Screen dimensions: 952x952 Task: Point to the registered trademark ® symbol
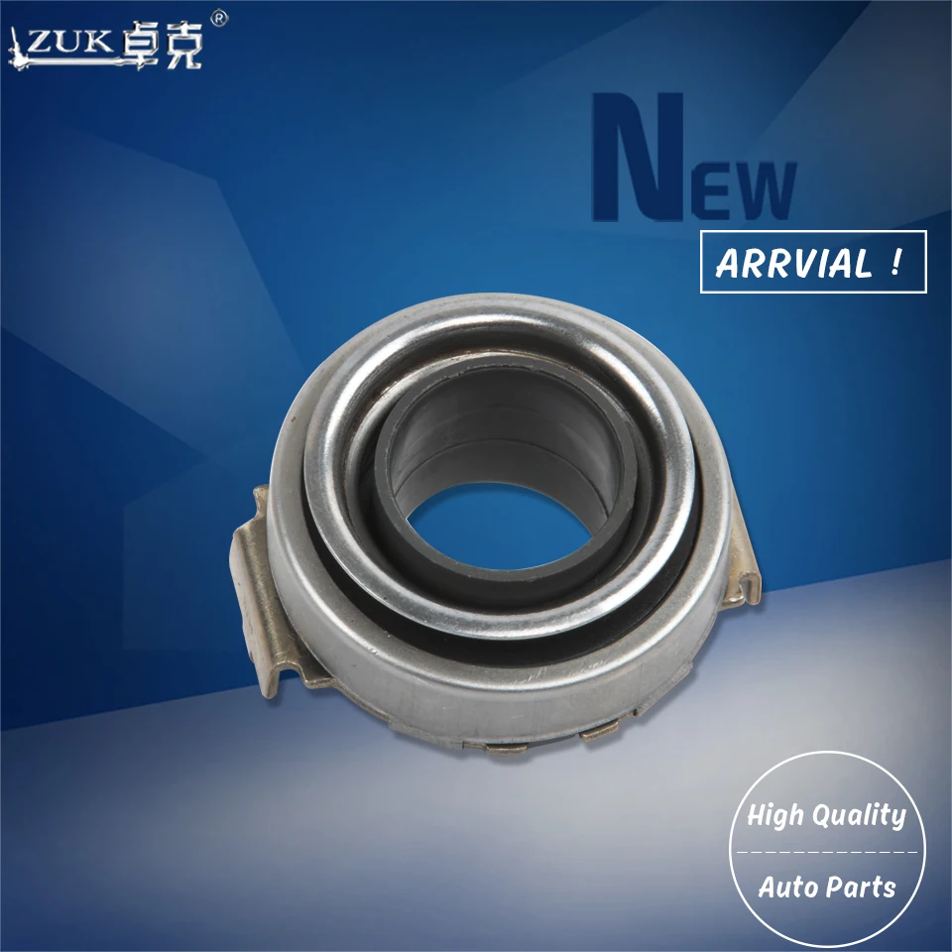(220, 18)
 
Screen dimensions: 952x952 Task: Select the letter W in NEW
(765, 190)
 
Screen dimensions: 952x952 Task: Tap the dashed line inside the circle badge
(825, 852)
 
